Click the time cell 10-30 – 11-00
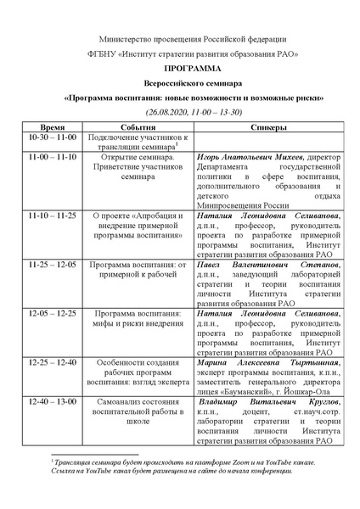click(53, 137)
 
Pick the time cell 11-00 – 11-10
click(53, 157)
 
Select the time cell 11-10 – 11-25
click(53, 215)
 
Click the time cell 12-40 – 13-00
click(53, 399)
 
